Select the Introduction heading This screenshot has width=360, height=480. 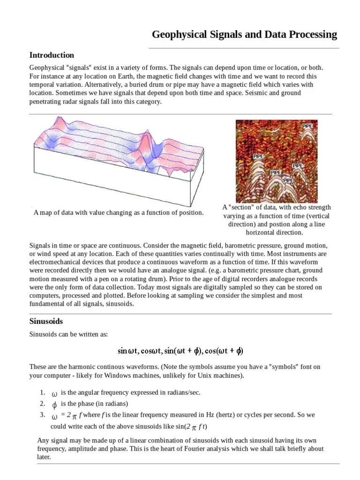point(52,55)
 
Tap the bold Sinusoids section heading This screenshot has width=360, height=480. point(46,322)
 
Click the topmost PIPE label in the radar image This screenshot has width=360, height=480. point(307,126)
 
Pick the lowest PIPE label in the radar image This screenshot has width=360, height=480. point(288,180)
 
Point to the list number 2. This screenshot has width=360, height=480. point(43,404)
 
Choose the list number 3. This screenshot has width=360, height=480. point(43,415)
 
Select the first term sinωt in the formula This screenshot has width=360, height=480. point(127,351)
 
